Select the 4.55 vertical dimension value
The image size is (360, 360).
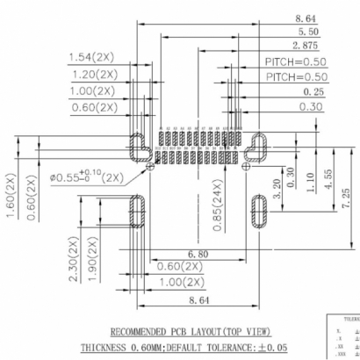[x=328, y=167]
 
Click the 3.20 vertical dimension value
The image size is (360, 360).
[x=277, y=186]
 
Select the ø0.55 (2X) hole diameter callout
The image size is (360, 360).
[x=88, y=176]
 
